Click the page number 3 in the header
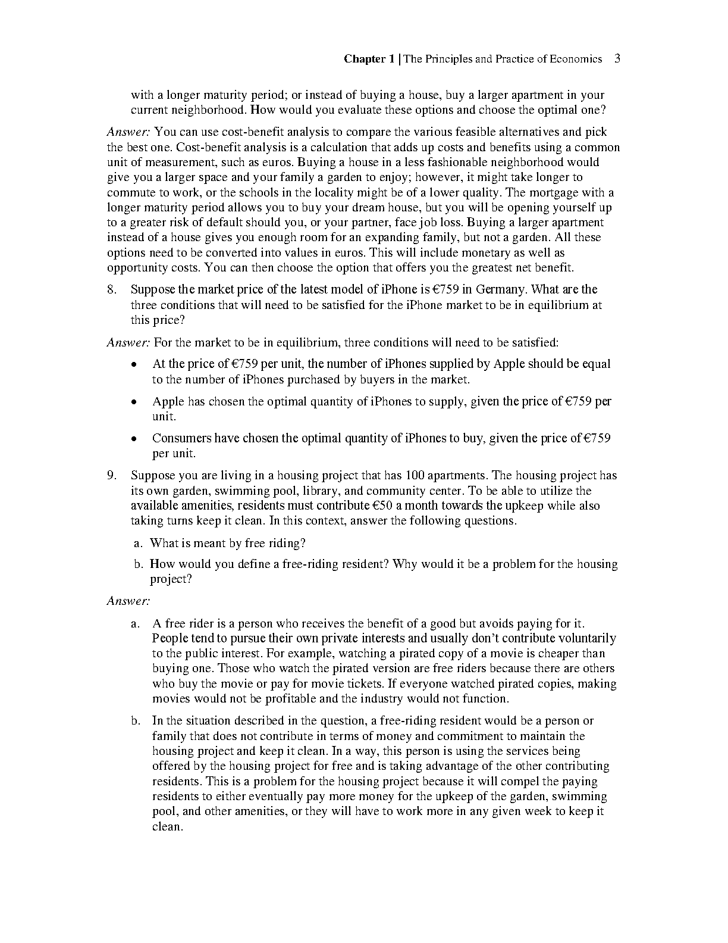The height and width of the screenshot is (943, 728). coord(617,58)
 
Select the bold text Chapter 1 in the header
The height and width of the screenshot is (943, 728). coord(369,59)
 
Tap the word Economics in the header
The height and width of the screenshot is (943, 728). coord(576,59)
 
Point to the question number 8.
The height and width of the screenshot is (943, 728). coord(111,290)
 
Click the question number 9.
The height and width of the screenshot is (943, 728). coord(111,476)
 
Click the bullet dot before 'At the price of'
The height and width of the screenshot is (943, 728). coord(135,364)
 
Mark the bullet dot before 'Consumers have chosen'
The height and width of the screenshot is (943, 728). coord(135,439)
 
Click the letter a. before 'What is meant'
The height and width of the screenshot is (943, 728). coord(138,544)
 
